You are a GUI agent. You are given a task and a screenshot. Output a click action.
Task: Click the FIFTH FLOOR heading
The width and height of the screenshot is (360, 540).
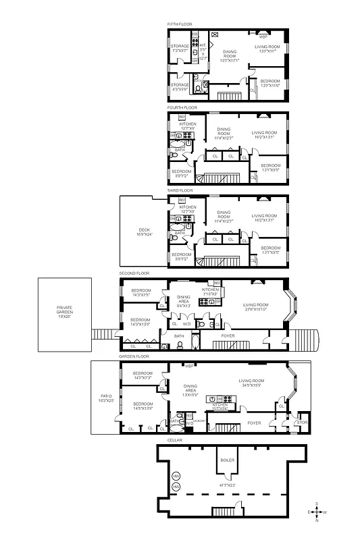tap(180, 24)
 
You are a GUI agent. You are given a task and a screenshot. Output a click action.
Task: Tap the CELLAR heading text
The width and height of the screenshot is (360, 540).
tap(172, 440)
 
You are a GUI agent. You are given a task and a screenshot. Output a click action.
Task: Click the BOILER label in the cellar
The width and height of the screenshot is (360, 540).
tap(226, 458)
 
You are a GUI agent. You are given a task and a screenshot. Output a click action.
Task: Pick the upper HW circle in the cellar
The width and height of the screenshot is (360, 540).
tap(176, 477)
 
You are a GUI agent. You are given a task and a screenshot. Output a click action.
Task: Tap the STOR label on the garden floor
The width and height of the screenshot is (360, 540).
tap(301, 423)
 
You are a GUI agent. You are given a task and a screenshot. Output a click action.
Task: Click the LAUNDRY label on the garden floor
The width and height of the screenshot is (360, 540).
tap(199, 421)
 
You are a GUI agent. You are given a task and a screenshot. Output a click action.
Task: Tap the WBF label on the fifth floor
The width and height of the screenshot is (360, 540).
tap(263, 36)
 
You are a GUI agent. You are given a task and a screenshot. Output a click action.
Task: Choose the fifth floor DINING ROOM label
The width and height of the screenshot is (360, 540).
tap(230, 55)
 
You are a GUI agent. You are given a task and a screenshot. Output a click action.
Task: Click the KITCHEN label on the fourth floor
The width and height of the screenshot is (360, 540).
tap(188, 125)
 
